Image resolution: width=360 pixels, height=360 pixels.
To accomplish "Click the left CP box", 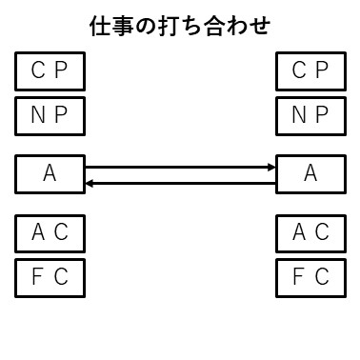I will [x=50, y=70].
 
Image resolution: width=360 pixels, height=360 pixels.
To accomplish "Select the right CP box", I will [x=310, y=70].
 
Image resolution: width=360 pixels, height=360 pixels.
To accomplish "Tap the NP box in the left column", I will [x=50, y=116].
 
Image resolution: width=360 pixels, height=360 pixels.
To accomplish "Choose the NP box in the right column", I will [x=310, y=116].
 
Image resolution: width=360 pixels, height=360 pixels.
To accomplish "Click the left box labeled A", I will [x=50, y=173].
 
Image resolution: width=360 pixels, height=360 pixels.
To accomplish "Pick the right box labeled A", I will [x=310, y=173].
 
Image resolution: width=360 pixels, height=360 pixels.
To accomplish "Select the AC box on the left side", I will [x=50, y=231].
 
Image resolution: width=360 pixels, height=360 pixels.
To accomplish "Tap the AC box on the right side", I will [x=310, y=231].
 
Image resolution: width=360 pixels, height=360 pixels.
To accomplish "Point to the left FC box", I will [x=50, y=277].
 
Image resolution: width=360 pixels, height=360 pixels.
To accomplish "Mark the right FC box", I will [x=310, y=277].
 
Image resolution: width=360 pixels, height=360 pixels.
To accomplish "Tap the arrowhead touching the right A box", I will [x=271, y=168].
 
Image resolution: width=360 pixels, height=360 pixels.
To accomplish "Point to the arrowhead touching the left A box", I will [x=89, y=181].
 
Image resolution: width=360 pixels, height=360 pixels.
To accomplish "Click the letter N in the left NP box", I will [x=38, y=116].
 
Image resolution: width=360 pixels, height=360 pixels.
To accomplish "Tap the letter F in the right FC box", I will [x=299, y=277].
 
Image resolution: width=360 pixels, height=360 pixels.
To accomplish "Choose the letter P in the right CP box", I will [x=322, y=70].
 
